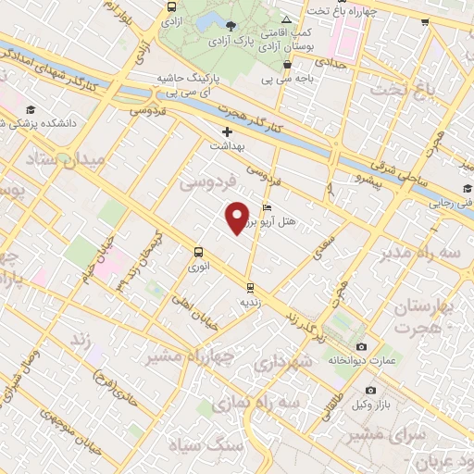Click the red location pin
tap(238, 218)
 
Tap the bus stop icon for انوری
tap(197, 251)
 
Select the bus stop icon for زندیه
tap(250, 286)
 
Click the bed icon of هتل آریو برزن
tap(268, 207)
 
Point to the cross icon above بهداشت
tap(227, 131)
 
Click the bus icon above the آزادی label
tap(170, 6)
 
